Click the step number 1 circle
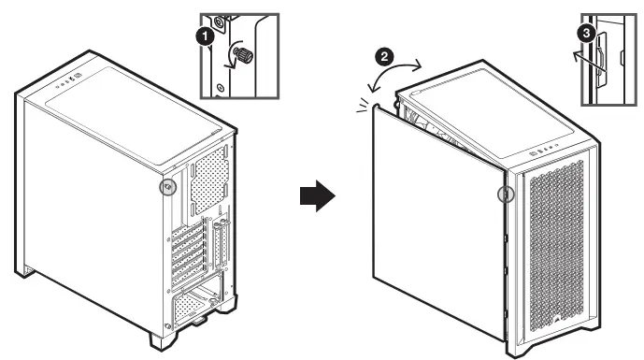205,36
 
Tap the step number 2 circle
384,56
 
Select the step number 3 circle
586,32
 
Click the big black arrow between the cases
318,195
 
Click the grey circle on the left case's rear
167,187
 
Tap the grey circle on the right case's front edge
506,194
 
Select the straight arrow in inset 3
590,63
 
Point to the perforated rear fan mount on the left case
210,180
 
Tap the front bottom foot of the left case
163,340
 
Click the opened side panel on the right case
438,222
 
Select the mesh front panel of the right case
556,247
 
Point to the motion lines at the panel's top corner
363,105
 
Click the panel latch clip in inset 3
601,59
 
